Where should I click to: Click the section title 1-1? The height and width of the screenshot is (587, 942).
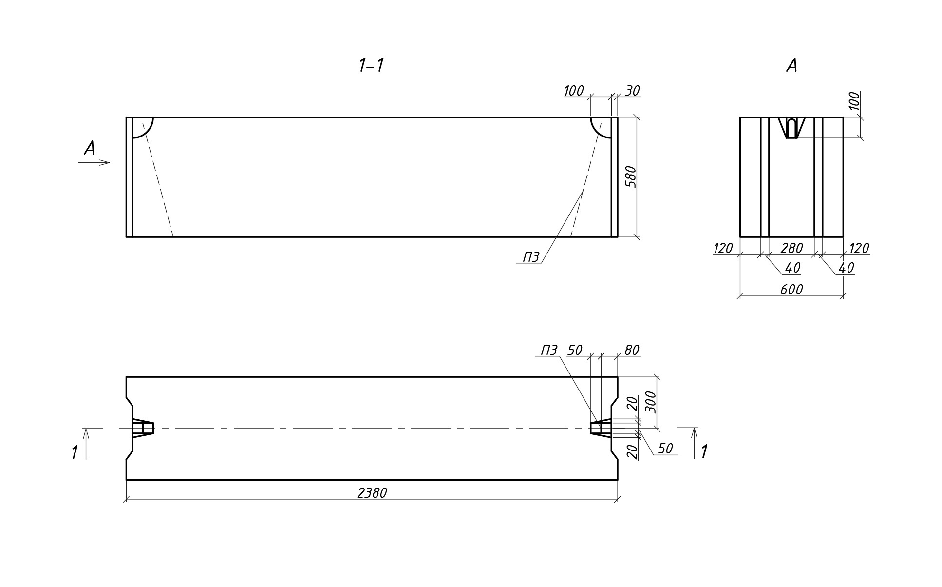[371, 65]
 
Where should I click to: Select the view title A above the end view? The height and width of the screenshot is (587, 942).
[792, 65]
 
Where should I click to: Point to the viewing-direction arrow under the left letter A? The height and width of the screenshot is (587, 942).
[94, 162]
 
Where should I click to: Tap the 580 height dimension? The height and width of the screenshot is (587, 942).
[631, 177]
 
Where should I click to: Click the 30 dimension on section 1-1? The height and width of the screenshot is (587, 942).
[632, 91]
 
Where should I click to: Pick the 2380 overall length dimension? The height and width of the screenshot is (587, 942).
[372, 493]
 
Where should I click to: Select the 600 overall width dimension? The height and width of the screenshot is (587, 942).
[791, 290]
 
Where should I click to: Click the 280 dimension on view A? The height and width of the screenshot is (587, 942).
[791, 249]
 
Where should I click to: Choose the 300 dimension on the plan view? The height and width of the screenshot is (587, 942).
[651, 402]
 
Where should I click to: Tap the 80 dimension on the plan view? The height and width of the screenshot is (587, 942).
[631, 350]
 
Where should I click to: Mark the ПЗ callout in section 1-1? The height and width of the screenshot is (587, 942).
[531, 257]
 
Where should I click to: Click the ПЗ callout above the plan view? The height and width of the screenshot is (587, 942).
[549, 350]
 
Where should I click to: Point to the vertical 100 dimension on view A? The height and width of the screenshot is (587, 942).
[855, 101]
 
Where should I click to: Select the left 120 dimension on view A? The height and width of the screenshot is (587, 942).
[723, 249]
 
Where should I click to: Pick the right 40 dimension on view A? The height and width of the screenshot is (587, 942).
[846, 268]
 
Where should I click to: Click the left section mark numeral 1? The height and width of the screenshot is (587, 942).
[75, 452]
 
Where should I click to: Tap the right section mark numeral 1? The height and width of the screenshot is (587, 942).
[704, 451]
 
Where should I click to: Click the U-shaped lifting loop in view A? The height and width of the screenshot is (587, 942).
[792, 128]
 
